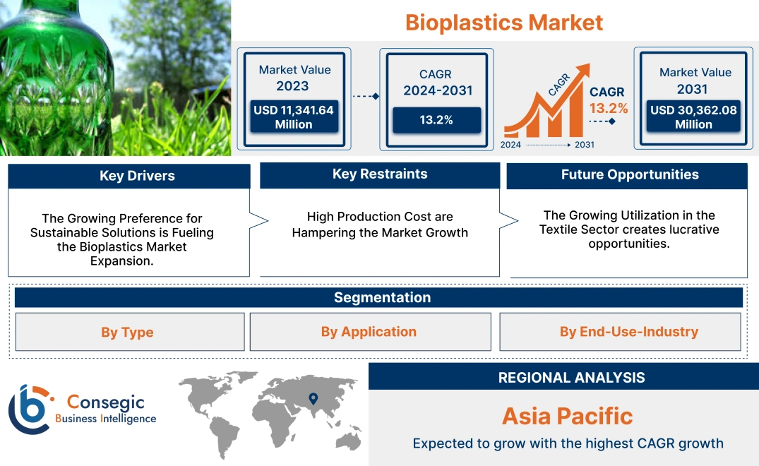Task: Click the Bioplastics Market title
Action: click(503, 23)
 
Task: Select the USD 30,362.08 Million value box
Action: click(693, 117)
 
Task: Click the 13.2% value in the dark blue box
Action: click(436, 120)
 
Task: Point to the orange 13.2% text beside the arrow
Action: click(609, 108)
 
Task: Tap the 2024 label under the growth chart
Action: click(512, 145)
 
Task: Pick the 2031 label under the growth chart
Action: click(584, 145)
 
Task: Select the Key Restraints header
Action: click(380, 174)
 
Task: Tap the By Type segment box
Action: click(127, 333)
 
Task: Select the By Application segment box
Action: click(369, 332)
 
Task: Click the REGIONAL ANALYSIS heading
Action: click(571, 378)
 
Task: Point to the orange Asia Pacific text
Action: click(567, 416)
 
